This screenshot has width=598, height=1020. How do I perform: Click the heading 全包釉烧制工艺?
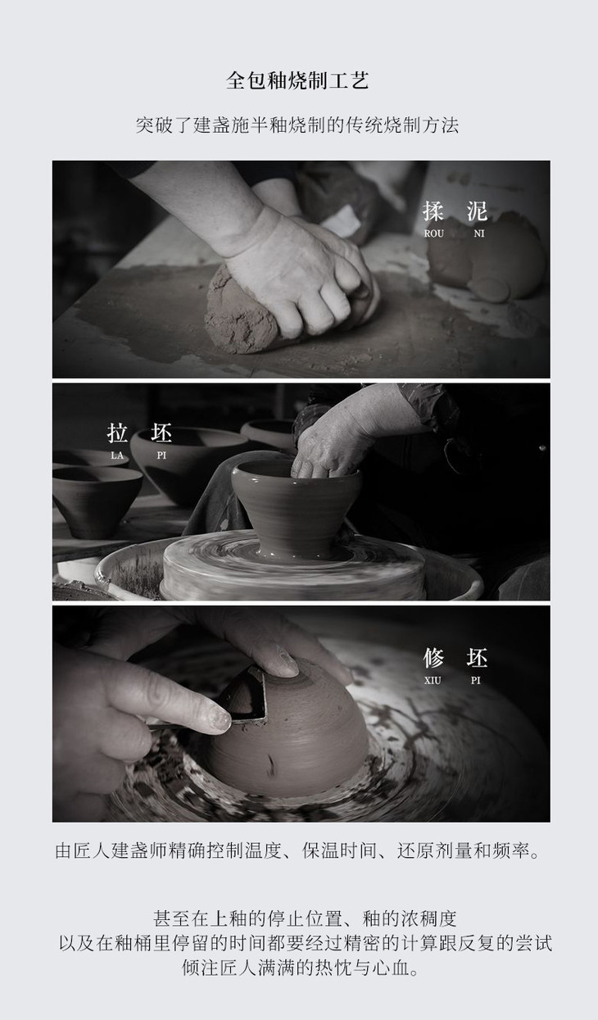297,80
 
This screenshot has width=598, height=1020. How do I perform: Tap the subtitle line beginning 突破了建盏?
297,125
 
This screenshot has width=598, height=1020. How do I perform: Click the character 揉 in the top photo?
433,211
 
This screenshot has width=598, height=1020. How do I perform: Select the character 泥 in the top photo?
477,211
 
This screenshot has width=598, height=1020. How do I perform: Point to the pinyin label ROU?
433,233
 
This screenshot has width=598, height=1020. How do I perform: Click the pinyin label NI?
478,233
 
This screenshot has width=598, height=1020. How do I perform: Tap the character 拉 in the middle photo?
117,433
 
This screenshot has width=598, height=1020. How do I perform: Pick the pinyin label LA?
117,456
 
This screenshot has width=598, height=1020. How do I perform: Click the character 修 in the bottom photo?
433,658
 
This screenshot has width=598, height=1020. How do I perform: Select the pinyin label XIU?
433,681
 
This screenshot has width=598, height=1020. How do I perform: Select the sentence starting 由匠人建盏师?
297,850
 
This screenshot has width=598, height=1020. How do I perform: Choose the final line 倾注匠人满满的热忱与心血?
301,968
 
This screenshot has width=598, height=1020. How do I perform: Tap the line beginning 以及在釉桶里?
306,943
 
